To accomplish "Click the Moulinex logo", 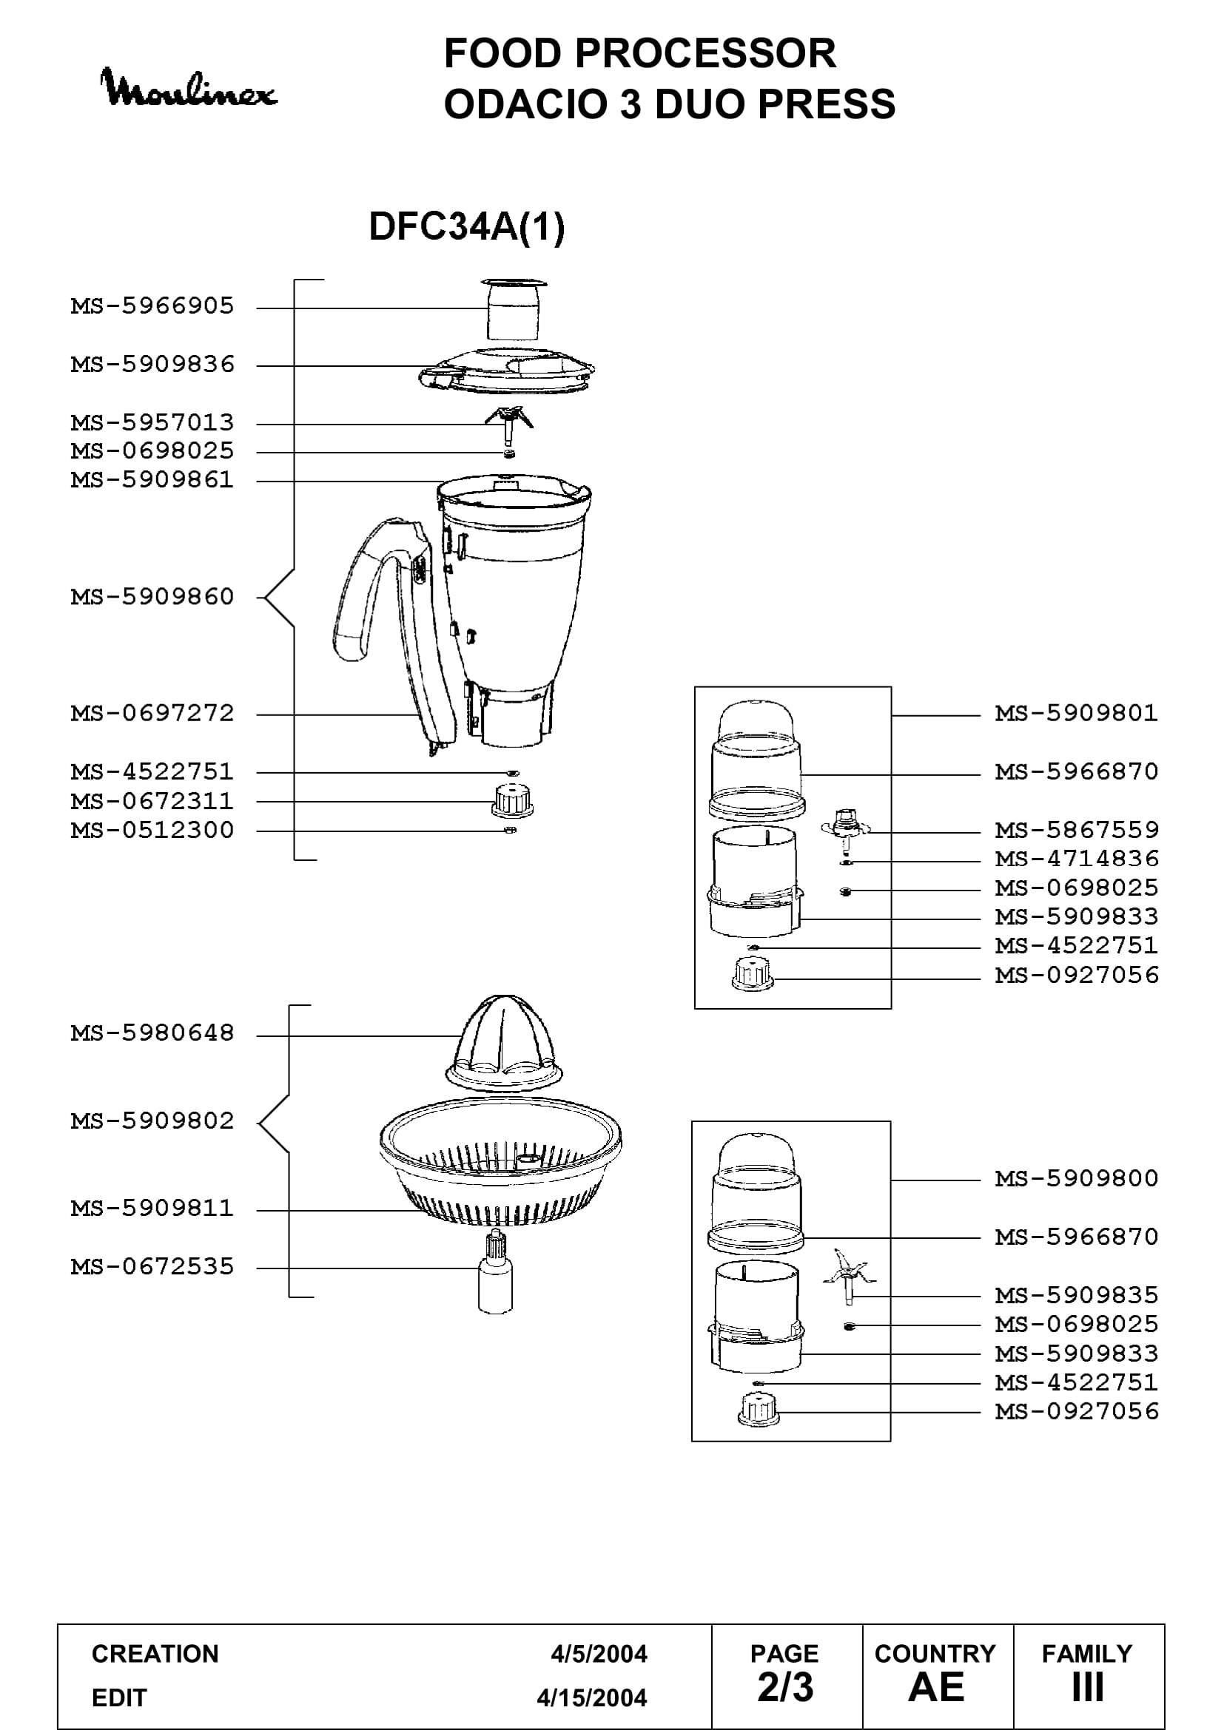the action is [189, 88].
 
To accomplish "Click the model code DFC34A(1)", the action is [466, 226].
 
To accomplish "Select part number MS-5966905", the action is [152, 306].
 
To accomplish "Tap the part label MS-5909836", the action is [152, 365].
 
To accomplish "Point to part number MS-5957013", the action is [152, 423].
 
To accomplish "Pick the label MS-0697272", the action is [152, 713].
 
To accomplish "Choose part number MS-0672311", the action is [152, 801].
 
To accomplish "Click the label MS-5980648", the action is [152, 1033].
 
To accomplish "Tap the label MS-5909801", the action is [1076, 713].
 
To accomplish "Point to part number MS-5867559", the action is [1076, 831].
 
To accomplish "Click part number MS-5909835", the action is [1076, 1295].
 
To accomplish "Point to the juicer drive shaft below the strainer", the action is [496, 1271].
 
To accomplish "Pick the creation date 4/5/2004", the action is [599, 1654].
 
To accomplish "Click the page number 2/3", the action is [785, 1687].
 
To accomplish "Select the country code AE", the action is [936, 1687].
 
